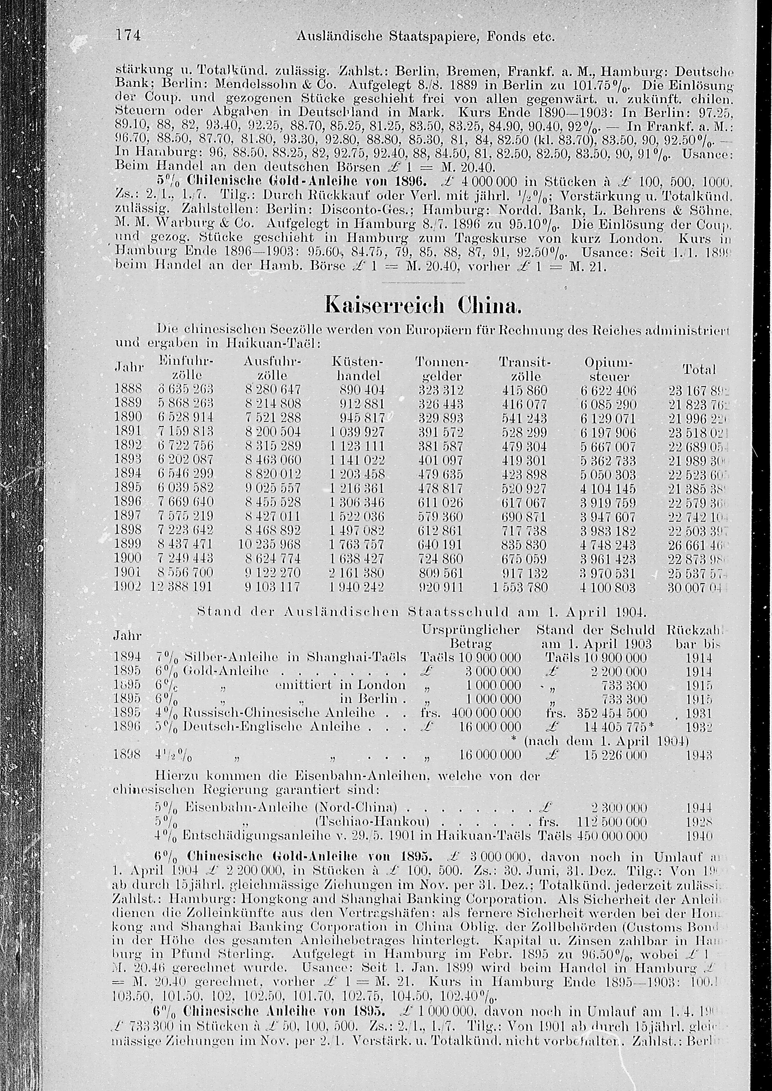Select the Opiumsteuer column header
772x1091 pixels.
(x=609, y=369)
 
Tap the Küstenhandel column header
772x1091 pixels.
(x=357, y=369)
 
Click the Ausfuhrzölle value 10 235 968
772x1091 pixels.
(x=270, y=545)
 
